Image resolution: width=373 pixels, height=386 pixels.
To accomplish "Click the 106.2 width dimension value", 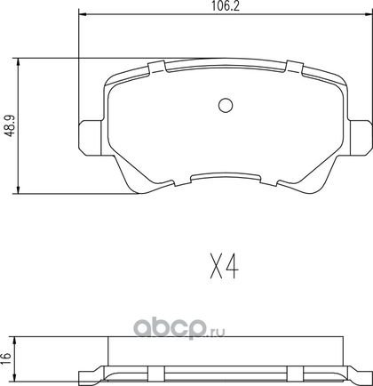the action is click(226, 6).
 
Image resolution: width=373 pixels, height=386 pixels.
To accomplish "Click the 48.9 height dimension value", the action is click(11, 126).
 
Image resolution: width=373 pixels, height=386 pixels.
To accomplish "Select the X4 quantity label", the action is click(225, 266).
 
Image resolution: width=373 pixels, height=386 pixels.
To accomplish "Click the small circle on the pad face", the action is click(226, 105).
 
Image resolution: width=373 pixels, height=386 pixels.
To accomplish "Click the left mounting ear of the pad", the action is click(90, 138).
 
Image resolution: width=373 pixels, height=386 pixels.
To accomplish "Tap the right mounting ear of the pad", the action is click(361, 138).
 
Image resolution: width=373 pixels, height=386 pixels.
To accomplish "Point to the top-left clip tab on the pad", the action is click(156, 67).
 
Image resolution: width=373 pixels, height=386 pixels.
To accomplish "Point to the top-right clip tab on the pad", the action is click(295, 67).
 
